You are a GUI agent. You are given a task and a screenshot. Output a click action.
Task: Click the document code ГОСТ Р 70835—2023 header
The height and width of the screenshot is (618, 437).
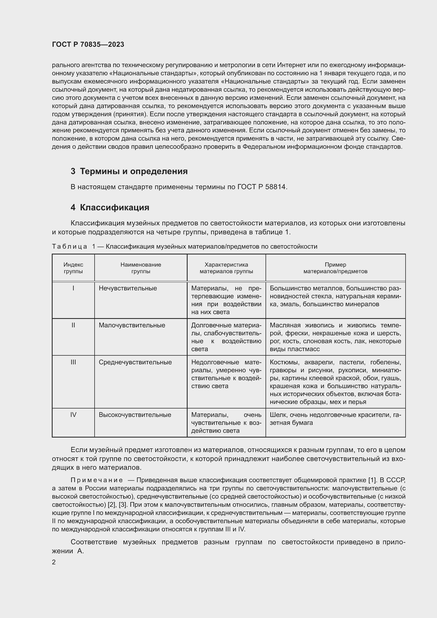pos(88,45)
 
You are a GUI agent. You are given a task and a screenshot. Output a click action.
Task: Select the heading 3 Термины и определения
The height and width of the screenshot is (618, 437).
pos(129,171)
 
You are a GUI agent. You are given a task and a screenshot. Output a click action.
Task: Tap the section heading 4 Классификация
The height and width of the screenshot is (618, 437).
pos(110,207)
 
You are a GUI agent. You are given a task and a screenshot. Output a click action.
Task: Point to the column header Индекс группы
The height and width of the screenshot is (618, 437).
pos(73,268)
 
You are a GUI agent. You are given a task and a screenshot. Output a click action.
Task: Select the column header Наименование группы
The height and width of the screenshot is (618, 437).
pos(141,268)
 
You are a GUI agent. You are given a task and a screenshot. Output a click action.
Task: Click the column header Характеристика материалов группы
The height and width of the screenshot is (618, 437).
pos(226,268)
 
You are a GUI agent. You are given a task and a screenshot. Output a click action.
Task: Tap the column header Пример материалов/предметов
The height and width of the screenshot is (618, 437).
pos(335,268)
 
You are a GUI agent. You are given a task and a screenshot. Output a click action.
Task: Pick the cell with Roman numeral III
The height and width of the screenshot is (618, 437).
pos(73,362)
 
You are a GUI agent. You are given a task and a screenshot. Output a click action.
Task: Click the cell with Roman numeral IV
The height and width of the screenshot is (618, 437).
pos(73,415)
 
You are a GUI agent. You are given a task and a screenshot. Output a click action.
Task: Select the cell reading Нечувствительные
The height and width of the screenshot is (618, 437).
pos(128,288)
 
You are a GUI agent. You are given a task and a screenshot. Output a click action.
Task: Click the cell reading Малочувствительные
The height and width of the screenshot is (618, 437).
pos(132,325)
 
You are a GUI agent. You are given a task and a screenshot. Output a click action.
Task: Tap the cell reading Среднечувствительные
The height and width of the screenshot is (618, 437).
pos(135,362)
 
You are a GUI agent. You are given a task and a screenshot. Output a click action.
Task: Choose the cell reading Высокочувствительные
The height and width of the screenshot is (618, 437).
pos(135,415)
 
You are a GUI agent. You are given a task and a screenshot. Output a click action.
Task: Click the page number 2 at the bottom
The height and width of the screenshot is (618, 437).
pos(54,562)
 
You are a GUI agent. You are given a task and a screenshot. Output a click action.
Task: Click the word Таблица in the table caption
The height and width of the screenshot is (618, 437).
pos(69,247)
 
